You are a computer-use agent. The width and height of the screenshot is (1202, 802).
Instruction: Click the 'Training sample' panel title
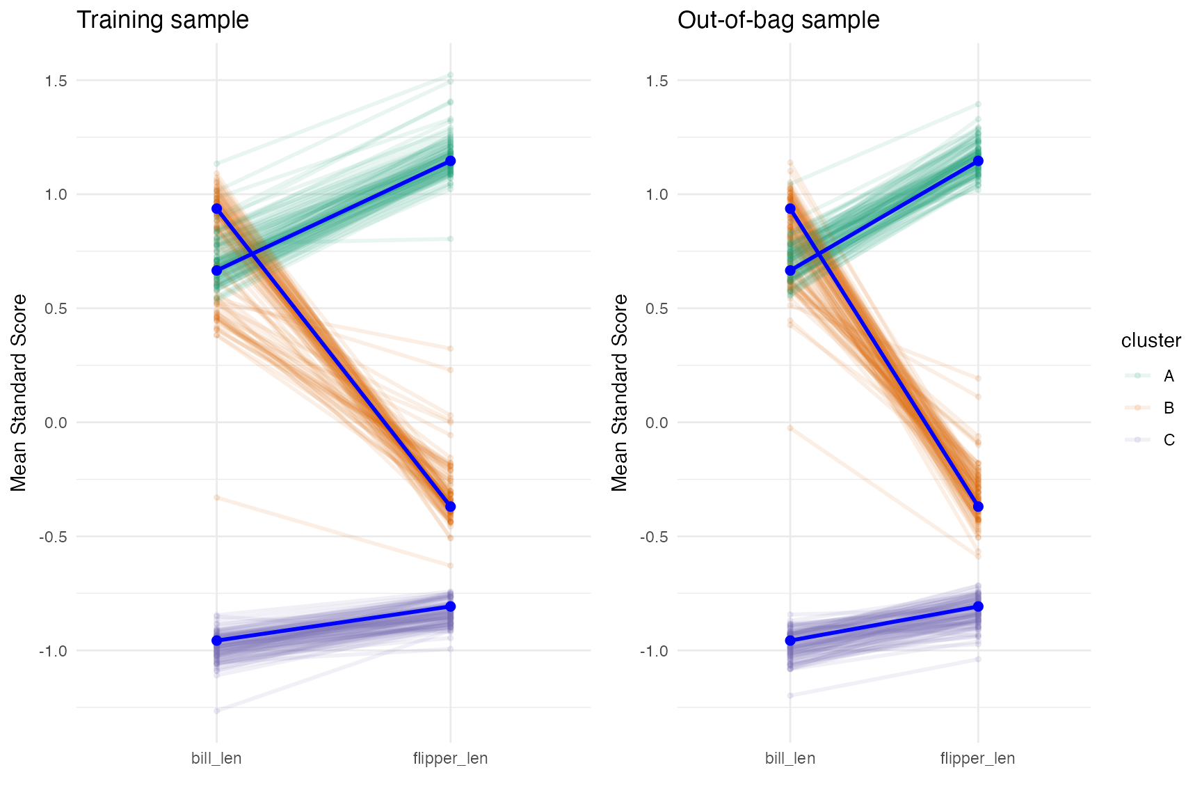162,19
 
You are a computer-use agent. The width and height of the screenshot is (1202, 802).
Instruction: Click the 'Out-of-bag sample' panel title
778,19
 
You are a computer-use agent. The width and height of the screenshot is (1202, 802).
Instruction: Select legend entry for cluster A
1169,376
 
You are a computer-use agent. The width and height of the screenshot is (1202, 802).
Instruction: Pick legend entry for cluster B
1169,408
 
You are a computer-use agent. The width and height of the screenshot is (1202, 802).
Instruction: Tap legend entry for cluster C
1169,440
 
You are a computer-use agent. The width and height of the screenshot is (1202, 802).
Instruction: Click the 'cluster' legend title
1151,340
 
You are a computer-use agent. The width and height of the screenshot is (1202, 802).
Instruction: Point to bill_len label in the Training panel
216,758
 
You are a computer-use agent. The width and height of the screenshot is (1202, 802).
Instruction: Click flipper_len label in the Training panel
450,758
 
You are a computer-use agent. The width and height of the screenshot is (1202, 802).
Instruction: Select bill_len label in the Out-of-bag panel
790,758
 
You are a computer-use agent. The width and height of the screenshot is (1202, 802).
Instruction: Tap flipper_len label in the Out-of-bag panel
977,758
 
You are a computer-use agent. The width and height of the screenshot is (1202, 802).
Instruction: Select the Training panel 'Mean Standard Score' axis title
19,393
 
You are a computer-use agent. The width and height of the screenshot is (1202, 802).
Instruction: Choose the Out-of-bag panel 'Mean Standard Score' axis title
620,393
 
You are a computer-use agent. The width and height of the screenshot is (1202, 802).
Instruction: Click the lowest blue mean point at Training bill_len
216,640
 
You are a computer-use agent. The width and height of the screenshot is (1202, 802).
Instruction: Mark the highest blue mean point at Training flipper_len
450,161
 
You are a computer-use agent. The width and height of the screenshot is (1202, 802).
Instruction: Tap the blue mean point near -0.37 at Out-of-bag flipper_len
978,507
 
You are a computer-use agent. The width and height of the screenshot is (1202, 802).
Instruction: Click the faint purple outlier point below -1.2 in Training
216,711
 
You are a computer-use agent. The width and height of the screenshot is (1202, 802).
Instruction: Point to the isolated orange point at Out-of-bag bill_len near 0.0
790,428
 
